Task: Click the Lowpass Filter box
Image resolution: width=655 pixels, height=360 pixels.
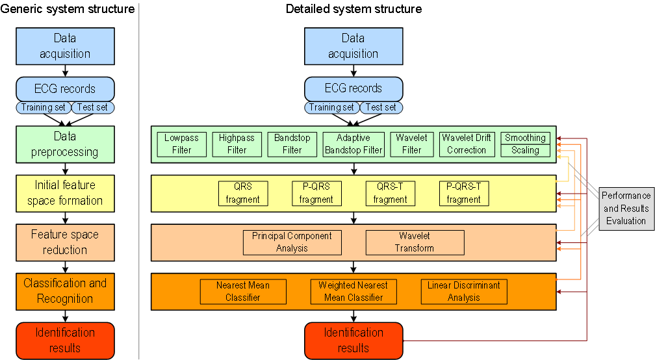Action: [x=182, y=144]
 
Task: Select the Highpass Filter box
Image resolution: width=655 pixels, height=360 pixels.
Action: [x=237, y=144]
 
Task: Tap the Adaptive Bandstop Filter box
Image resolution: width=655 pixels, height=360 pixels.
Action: [x=353, y=144]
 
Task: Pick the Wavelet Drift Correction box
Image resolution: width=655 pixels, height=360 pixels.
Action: [x=467, y=144]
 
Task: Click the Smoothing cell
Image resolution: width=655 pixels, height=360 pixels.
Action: [x=526, y=138]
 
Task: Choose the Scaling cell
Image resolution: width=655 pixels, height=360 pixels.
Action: [x=526, y=150]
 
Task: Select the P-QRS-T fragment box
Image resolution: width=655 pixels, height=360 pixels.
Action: [x=464, y=194]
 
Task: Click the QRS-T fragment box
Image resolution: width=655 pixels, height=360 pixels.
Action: [x=391, y=194]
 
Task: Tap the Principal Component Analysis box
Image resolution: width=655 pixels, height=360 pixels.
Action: [x=292, y=242]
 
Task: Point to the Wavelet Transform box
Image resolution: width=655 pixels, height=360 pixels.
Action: [x=415, y=242]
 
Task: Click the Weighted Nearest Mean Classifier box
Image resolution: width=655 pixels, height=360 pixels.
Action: [x=353, y=292]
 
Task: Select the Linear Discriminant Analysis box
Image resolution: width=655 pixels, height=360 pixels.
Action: [x=464, y=292]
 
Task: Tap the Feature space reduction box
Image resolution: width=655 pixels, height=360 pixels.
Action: [x=65, y=242]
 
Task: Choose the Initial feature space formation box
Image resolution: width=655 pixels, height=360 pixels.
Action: [x=65, y=193]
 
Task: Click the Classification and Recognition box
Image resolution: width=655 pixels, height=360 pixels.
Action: [x=65, y=291]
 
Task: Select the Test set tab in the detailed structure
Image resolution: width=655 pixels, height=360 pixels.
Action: [x=381, y=107]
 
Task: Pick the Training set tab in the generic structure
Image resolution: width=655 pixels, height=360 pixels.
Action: [x=43, y=107]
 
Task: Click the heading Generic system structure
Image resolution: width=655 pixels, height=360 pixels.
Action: [x=68, y=9]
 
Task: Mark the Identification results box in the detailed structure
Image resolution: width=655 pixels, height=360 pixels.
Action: [x=353, y=340]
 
